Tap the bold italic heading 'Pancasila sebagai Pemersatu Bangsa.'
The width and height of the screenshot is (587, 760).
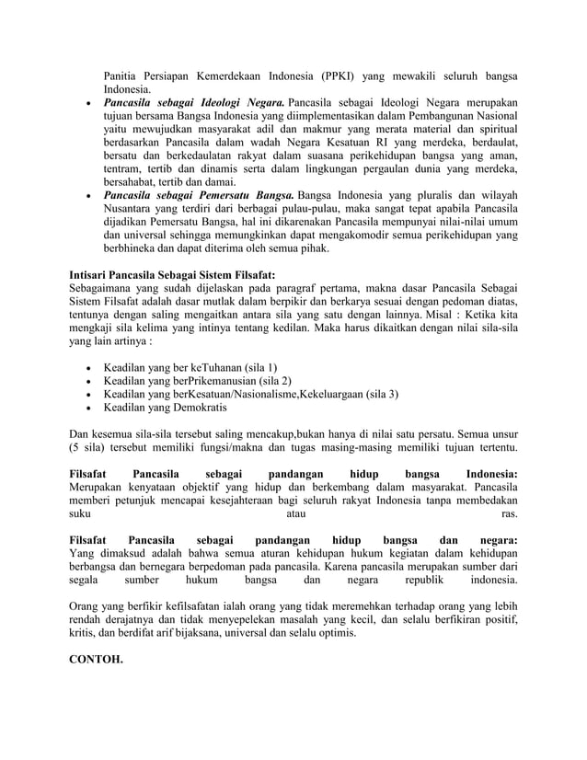click(199, 196)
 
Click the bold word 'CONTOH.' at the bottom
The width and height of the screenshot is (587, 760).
click(96, 660)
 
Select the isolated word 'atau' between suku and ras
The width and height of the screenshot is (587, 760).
click(294, 516)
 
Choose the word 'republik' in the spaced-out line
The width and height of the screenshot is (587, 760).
click(417, 581)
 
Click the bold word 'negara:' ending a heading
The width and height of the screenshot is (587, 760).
click(498, 539)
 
